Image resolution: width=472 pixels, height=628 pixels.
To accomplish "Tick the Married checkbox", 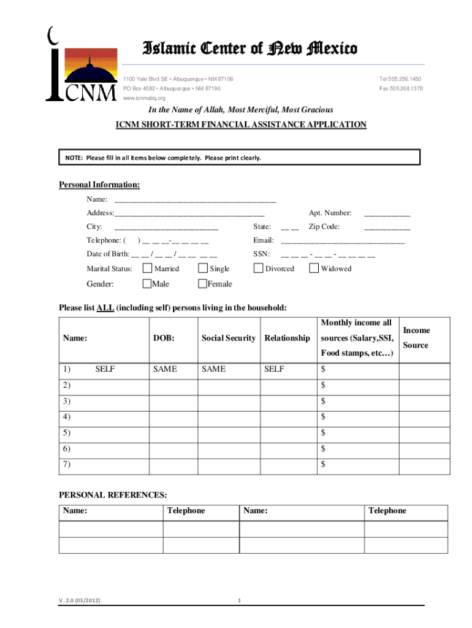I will click(147, 268).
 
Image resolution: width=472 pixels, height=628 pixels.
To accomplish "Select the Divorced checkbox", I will click(258, 268).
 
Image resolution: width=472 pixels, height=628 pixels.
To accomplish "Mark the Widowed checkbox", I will click(314, 268).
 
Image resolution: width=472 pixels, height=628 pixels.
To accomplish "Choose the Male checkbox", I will click(147, 283).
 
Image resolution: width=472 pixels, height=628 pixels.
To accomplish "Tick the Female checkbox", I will click(202, 283).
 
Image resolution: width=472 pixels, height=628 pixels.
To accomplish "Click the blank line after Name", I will click(195, 200).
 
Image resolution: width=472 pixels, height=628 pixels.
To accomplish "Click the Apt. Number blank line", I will click(387, 214).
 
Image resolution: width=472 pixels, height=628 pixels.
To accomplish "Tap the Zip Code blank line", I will click(387, 228).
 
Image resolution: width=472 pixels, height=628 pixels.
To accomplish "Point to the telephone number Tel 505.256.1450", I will click(400, 80).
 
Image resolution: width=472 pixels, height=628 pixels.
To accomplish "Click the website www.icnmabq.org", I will click(145, 98).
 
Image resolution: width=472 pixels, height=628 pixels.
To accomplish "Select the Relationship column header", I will click(287, 338).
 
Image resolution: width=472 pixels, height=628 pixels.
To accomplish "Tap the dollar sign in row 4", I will click(323, 417).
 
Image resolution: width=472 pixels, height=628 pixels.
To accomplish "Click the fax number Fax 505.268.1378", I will click(401, 89).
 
